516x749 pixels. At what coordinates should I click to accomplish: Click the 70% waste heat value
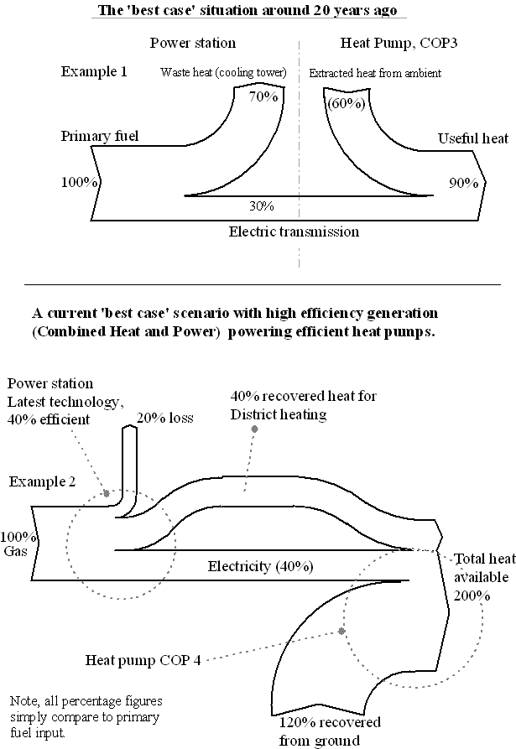[x=263, y=96]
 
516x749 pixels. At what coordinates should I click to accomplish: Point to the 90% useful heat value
[x=462, y=182]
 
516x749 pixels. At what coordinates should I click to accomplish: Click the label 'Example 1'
[x=94, y=71]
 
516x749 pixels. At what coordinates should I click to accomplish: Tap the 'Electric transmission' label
[x=294, y=231]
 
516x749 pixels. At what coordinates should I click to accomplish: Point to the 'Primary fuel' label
[x=100, y=137]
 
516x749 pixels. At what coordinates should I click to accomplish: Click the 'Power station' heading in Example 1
[x=193, y=44]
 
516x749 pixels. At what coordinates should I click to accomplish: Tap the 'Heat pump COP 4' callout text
[x=143, y=659]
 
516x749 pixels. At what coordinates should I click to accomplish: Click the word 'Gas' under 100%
[x=15, y=551]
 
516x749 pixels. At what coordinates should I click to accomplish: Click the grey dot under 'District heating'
[x=254, y=429]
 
